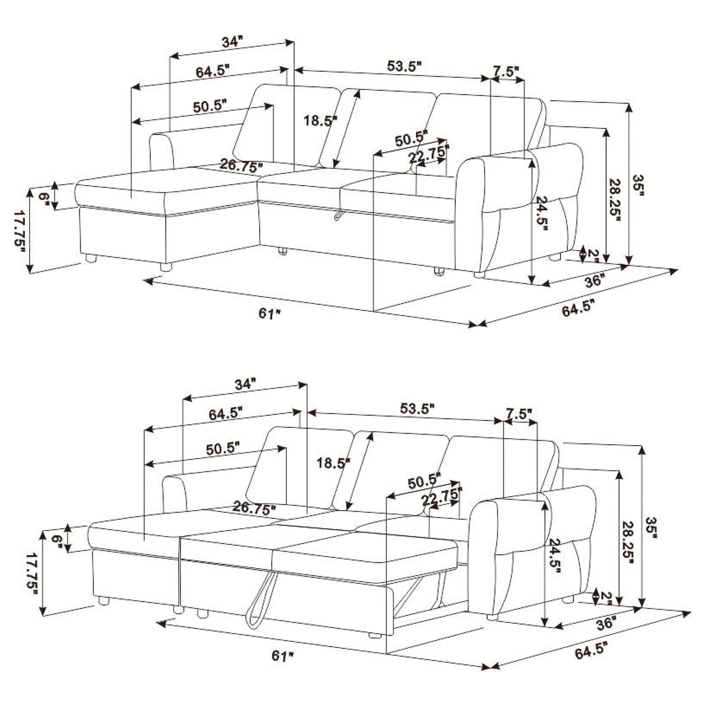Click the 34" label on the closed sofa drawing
[x=232, y=42]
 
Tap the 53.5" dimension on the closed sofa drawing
[x=404, y=66]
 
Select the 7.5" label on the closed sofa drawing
[x=505, y=72]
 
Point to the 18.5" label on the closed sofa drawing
[x=320, y=120]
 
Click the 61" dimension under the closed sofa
[x=269, y=313]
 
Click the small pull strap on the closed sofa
[x=338, y=216]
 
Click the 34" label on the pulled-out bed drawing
[x=245, y=384]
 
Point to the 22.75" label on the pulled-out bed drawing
[x=442, y=498]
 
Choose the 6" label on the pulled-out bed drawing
[x=57, y=540]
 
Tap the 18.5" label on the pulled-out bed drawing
[x=333, y=462]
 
